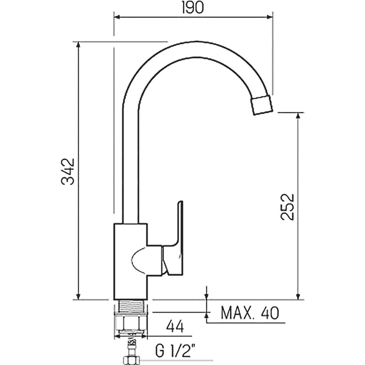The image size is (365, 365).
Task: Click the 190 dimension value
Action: (193, 8)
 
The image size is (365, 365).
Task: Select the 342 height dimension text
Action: (68, 172)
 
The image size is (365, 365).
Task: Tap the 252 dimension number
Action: (287, 207)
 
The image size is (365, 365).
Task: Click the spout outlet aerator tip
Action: (261, 105)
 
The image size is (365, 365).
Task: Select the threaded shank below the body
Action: (130, 306)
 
